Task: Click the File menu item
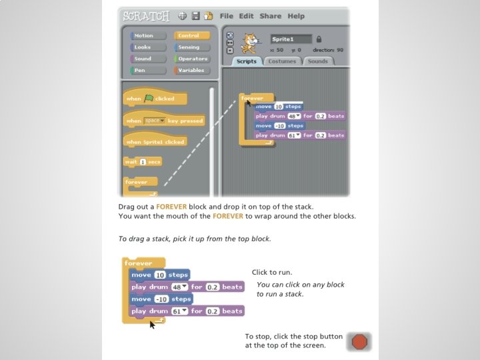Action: [227, 16]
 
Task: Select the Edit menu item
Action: [247, 16]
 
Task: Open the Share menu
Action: [271, 16]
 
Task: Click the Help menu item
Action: [296, 16]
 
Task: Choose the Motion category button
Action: [148, 36]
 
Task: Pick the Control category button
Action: [192, 36]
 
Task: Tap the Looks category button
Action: [148, 47]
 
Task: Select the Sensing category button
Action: [192, 47]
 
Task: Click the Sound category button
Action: [148, 59]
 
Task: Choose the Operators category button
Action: [192, 59]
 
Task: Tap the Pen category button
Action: [148, 70]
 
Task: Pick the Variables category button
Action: [192, 70]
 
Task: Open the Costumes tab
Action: [282, 61]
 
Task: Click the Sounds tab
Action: [318, 61]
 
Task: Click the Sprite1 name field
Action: [291, 39]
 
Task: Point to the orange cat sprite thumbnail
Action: [251, 42]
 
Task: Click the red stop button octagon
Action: [359, 342]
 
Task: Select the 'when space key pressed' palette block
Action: [163, 121]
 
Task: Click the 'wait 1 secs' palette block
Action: [143, 161]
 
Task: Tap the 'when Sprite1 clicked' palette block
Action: [155, 142]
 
